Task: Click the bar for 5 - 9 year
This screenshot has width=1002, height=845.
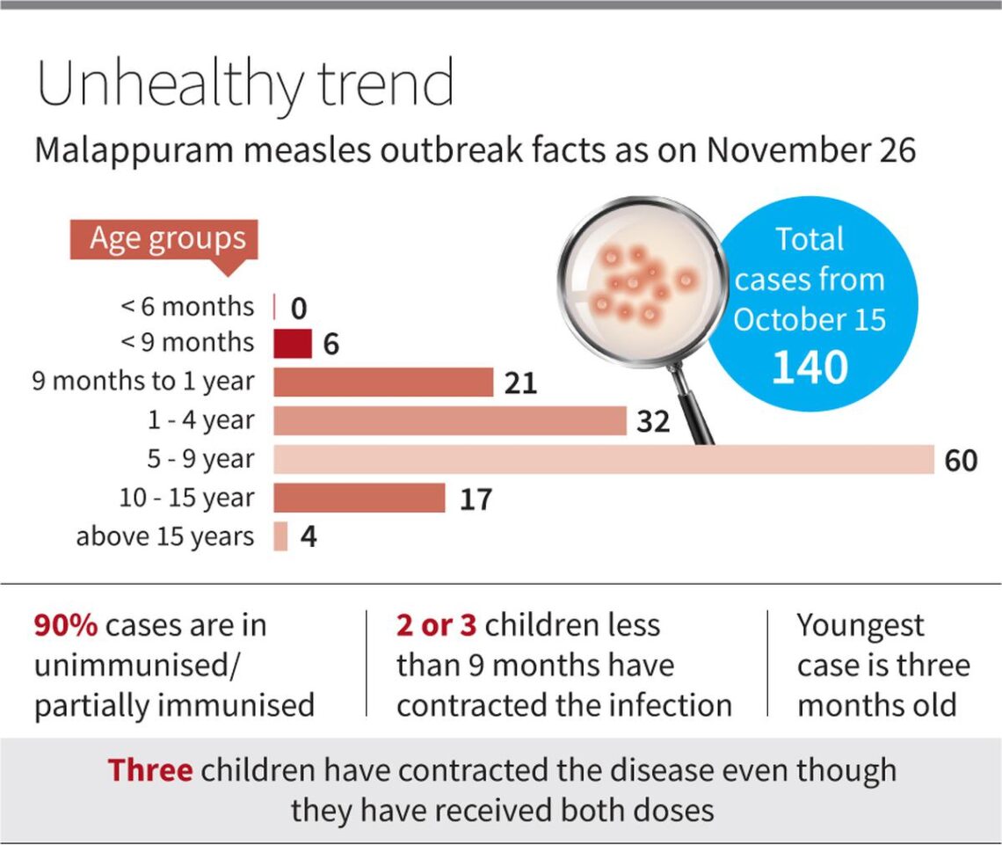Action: pos(603,459)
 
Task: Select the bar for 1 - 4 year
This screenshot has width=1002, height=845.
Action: pos(449,420)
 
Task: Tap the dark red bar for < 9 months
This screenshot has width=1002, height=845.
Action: pos(292,344)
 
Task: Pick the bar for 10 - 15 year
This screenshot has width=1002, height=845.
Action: pos(359,498)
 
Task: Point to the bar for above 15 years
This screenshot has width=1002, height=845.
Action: pos(280,536)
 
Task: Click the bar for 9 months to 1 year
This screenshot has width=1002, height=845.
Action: pos(382,382)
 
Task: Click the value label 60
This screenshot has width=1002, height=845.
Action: pos(961,460)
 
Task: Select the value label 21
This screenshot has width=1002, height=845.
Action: pos(520,383)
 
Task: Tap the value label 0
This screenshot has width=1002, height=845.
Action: pos(298,308)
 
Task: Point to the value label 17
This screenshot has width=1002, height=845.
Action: pos(475,499)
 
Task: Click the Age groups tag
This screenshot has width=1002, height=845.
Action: pos(163,239)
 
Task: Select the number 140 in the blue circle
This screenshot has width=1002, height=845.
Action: pos(810,368)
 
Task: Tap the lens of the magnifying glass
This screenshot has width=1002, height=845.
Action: pos(641,280)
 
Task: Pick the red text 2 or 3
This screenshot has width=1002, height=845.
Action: pos(437,625)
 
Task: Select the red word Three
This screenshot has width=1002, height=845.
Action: pos(149,770)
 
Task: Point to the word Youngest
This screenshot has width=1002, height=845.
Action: pos(860,625)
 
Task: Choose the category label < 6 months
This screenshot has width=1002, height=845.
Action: pos(186,306)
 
